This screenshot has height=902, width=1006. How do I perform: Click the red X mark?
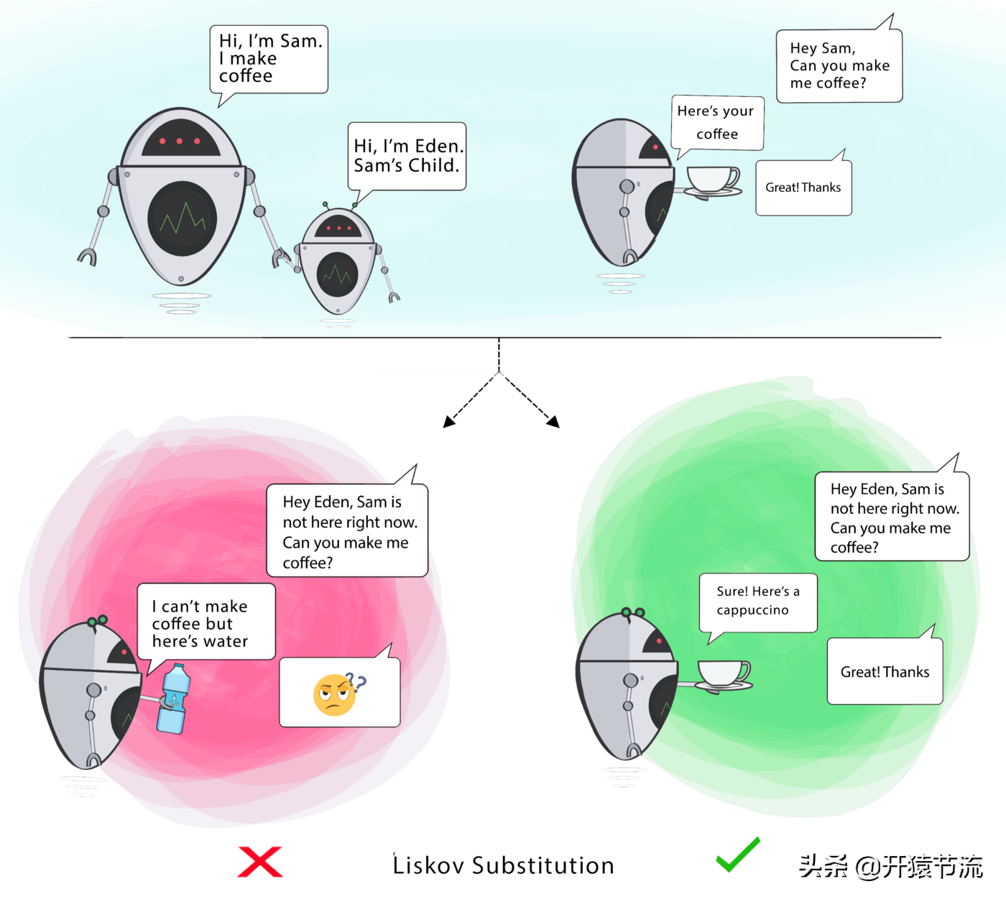click(x=260, y=862)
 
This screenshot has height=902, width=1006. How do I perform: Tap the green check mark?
click(x=737, y=855)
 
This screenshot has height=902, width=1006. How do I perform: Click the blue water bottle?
click(x=173, y=699)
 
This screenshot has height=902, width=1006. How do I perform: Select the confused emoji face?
click(x=335, y=695)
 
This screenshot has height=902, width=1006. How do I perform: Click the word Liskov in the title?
click(x=428, y=865)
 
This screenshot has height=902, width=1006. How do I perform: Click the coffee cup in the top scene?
click(x=712, y=180)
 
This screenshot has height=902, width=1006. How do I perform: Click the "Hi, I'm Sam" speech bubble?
click(x=269, y=60)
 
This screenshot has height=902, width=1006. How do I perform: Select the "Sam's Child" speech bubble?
click(x=407, y=157)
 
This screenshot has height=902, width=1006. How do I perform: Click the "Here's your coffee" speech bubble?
click(x=716, y=123)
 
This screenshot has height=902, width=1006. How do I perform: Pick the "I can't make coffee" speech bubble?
click(x=206, y=622)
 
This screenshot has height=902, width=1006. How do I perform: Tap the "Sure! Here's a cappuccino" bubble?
click(x=757, y=602)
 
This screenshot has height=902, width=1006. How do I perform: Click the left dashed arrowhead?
click(x=449, y=422)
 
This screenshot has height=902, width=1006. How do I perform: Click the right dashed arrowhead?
click(x=553, y=422)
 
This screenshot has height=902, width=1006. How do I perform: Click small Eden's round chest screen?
click(x=337, y=275)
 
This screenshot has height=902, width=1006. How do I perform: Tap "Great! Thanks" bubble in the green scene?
click(x=885, y=672)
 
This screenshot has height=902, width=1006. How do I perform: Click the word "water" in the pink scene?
click(x=226, y=641)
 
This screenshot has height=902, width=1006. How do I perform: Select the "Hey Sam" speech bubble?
click(x=839, y=66)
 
